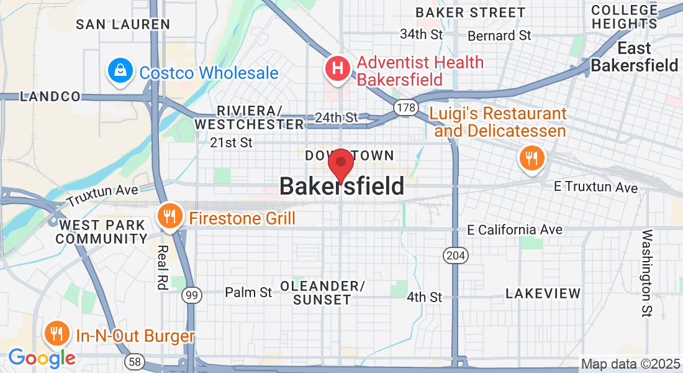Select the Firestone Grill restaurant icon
(x=169, y=217)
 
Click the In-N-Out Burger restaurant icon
(x=57, y=334)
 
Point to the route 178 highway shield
(x=405, y=108)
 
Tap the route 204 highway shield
(x=453, y=254)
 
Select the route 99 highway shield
(x=192, y=295)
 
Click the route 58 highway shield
(x=133, y=361)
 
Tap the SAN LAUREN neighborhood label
(x=123, y=24)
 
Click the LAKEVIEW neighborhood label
(x=543, y=293)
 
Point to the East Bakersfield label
(x=634, y=57)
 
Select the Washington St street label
(x=648, y=274)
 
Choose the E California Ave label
(x=515, y=230)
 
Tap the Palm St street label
(x=248, y=292)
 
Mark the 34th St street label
(x=422, y=34)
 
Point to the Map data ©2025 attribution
(x=630, y=363)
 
